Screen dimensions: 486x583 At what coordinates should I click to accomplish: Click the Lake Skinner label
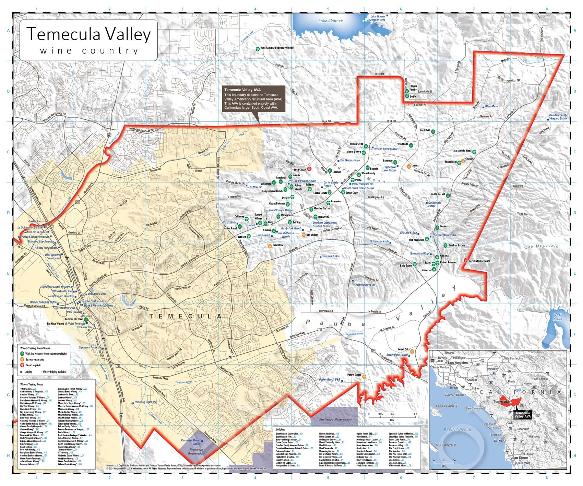pos(330,21)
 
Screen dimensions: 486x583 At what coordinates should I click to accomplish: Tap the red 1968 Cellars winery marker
pos(309,169)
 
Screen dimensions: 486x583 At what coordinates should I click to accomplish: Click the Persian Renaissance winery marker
pos(465,260)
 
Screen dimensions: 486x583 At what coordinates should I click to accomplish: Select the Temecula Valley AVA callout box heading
pos(242,90)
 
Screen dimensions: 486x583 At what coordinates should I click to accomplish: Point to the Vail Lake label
pos(558,317)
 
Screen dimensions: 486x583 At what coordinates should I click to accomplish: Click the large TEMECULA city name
pos(186,316)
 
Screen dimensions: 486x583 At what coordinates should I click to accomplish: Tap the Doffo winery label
pos(413,97)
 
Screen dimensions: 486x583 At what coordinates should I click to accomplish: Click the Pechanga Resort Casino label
pos(191,442)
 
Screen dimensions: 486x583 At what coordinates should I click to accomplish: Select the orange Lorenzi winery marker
pos(409,166)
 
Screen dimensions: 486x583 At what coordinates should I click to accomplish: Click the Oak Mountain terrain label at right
pos(541,246)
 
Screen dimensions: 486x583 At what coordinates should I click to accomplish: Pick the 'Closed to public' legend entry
pos(33,366)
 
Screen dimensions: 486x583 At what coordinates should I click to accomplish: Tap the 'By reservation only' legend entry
pos(35,360)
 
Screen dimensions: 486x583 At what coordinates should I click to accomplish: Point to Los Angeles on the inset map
pos(458,363)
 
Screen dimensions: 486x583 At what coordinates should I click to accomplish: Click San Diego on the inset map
pos(520,458)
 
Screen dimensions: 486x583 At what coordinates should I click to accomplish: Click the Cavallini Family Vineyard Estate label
pos(558,117)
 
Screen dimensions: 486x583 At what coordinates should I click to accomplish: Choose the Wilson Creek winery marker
pos(366,146)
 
